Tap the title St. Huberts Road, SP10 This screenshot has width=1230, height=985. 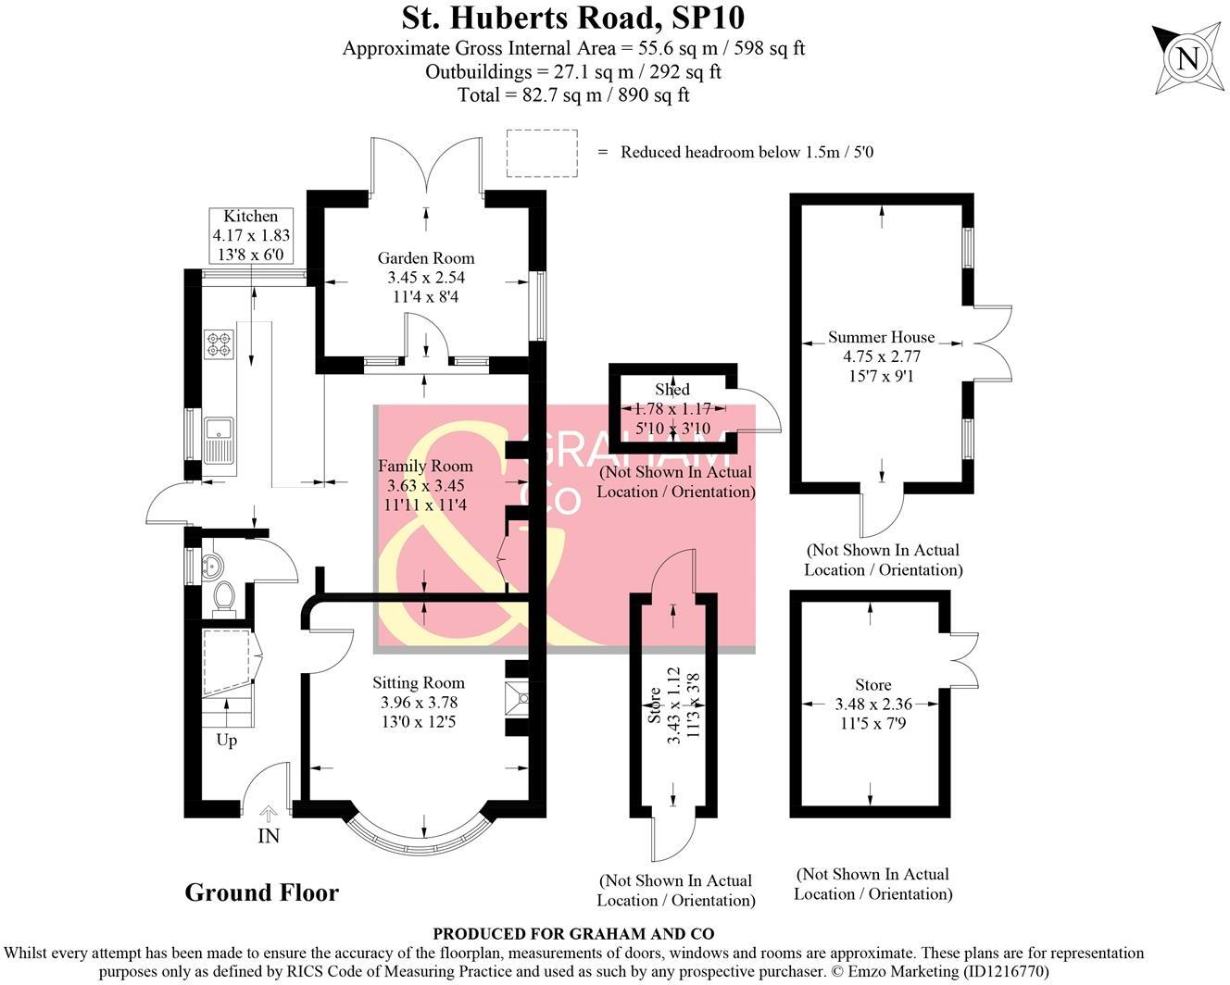pyautogui.click(x=572, y=18)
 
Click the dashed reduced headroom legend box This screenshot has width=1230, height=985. pyautogui.click(x=542, y=153)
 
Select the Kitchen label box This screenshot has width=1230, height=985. pyautogui.click(x=251, y=236)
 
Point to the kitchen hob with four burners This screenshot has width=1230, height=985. pyautogui.click(x=219, y=343)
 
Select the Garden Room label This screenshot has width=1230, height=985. pyautogui.click(x=425, y=258)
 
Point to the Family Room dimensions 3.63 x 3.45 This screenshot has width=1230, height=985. pyautogui.click(x=425, y=485)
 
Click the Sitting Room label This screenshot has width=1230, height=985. pyautogui.click(x=419, y=682)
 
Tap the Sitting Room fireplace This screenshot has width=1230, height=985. pyautogui.click(x=516, y=698)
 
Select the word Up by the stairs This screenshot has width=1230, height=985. pyautogui.click(x=226, y=740)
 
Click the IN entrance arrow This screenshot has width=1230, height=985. pyautogui.click(x=269, y=816)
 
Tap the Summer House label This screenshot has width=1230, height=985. pyautogui.click(x=881, y=337)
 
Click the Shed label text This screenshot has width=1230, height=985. pyautogui.click(x=672, y=390)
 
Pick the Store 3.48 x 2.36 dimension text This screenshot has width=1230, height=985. pyautogui.click(x=873, y=704)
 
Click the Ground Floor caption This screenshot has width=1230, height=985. pyautogui.click(x=262, y=892)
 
